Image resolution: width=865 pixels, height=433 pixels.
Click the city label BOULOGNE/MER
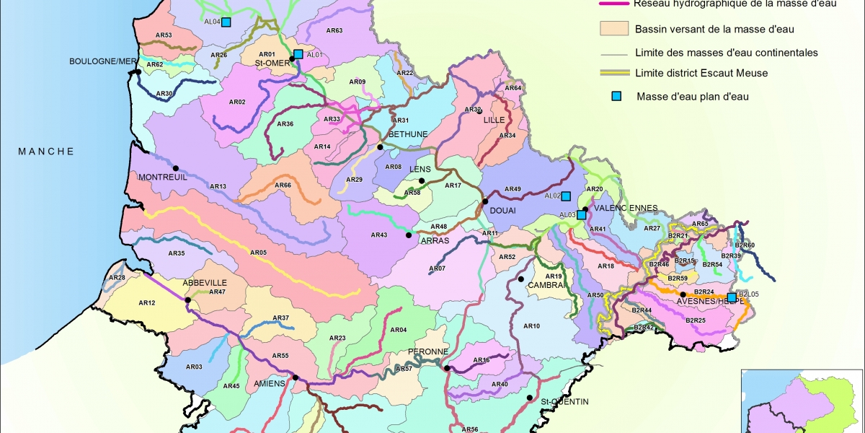pyautogui.click(x=102, y=61)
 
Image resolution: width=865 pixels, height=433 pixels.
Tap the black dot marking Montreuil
pyautogui.click(x=175, y=168)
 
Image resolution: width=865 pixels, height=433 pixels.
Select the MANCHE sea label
pyautogui.click(x=46, y=151)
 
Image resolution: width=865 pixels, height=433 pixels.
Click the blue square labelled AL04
pyautogui.click(x=226, y=22)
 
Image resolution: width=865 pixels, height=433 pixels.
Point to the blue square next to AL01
pyautogui.click(x=298, y=54)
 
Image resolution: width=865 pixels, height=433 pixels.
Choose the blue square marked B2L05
pyautogui.click(x=732, y=297)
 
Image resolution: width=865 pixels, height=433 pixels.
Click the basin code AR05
pyautogui.click(x=258, y=253)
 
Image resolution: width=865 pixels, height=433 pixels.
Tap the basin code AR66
pyautogui.click(x=283, y=185)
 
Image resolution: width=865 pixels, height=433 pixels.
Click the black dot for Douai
pyautogui.click(x=485, y=201)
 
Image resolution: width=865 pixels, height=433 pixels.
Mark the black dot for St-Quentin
pyautogui.click(x=529, y=398)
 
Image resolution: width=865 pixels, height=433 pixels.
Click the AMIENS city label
pyautogui.click(x=270, y=384)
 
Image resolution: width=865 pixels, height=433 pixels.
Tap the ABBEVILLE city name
pyautogui.click(x=205, y=282)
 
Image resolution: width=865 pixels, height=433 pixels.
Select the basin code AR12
pyautogui.click(x=147, y=302)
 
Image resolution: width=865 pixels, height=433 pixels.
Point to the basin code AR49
pyautogui.click(x=513, y=189)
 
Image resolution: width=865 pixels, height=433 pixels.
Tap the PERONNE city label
pyautogui.click(x=428, y=351)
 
